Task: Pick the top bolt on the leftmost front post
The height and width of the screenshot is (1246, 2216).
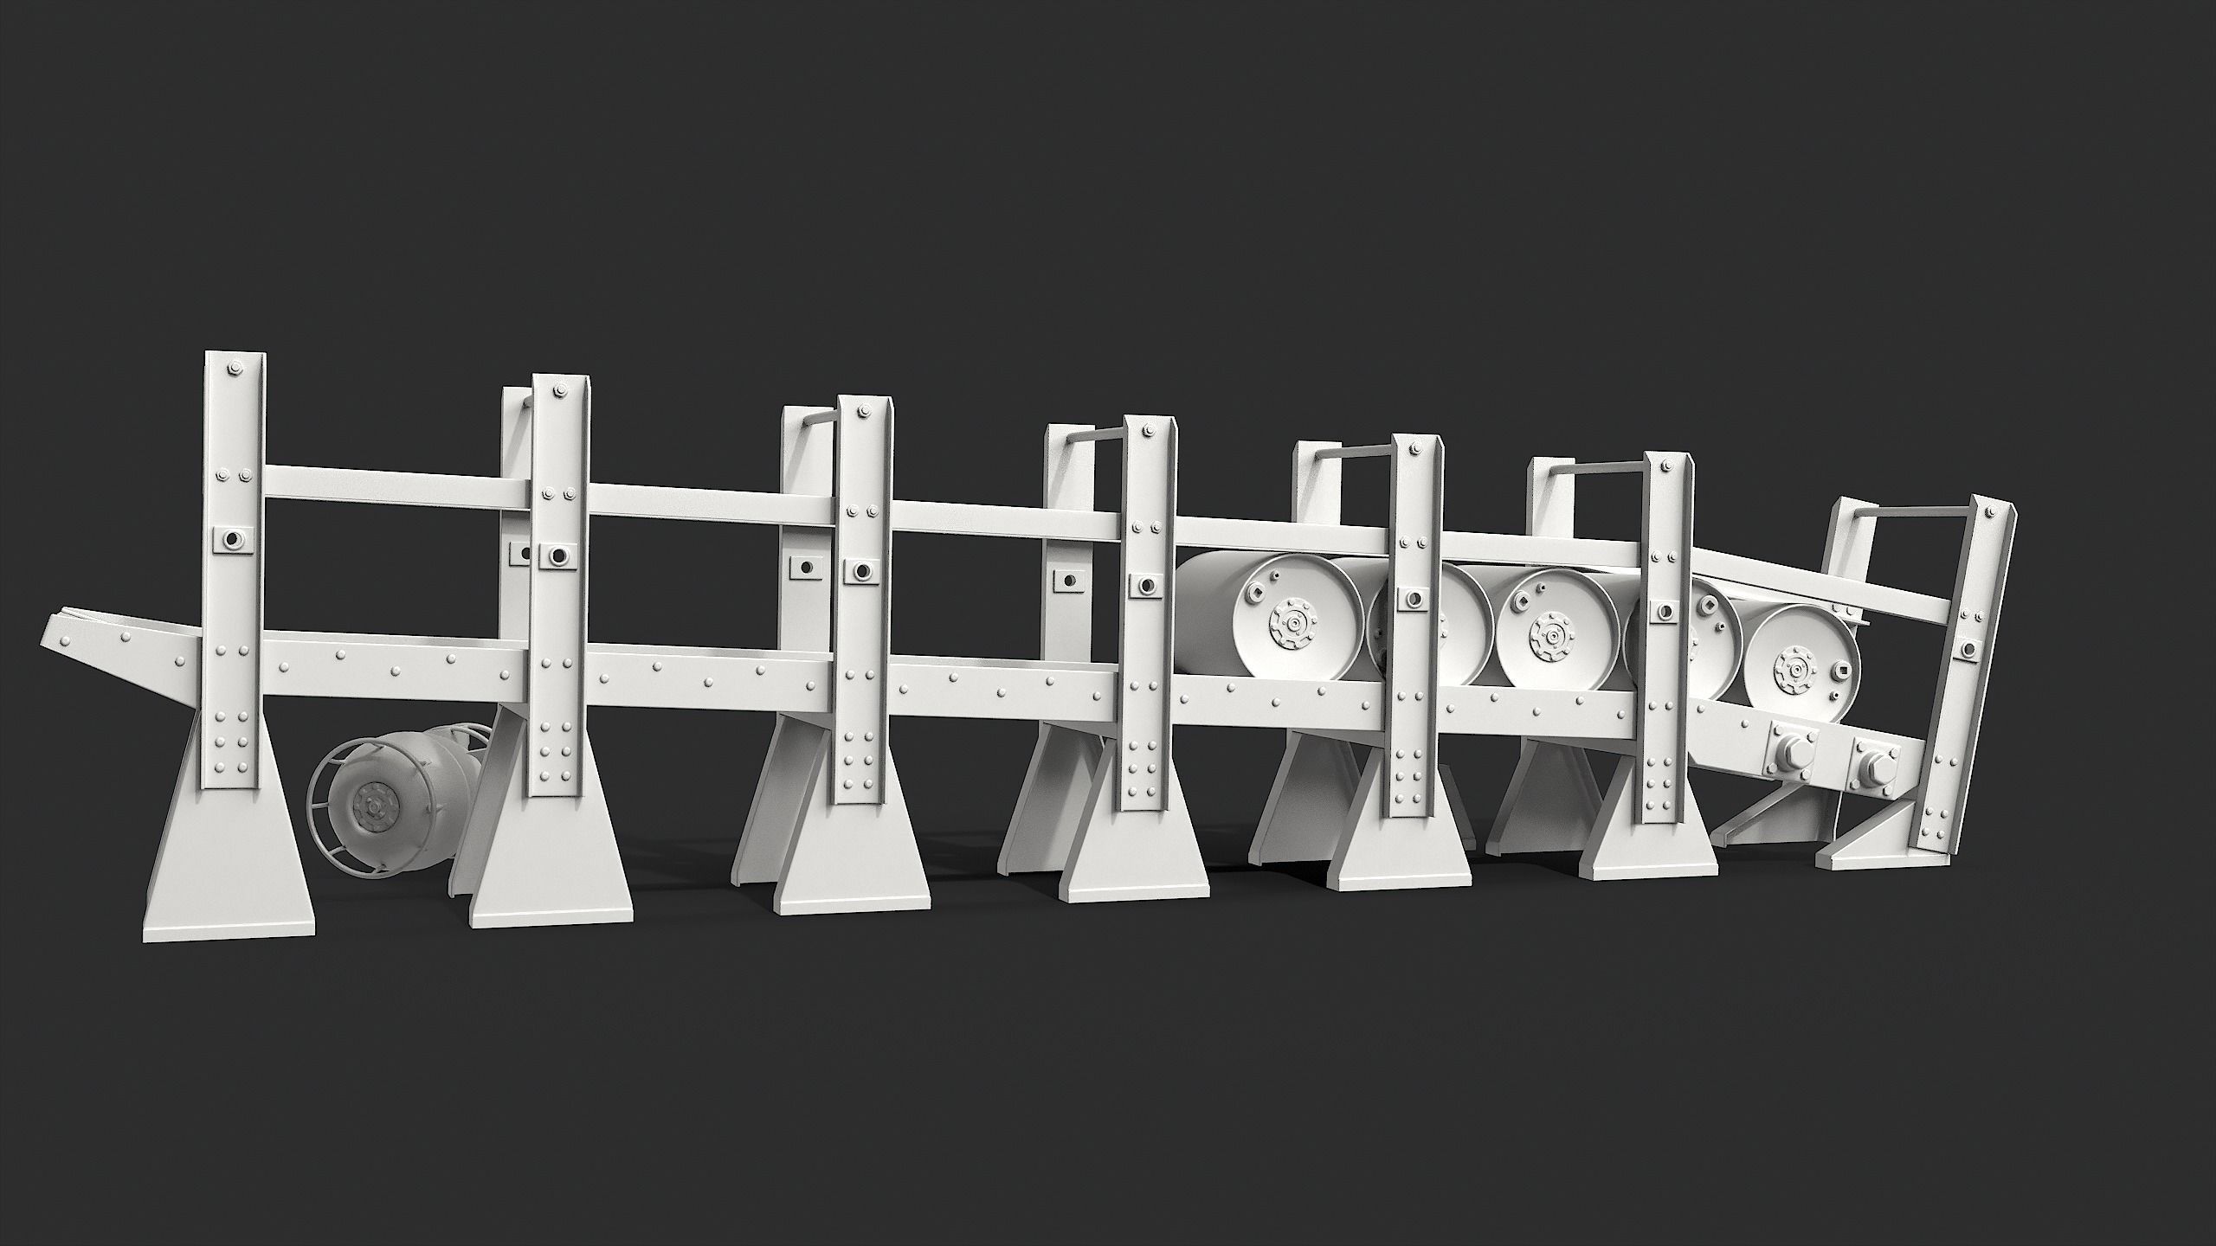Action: point(235,371)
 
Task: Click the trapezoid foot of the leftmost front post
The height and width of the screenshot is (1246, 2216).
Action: point(230,874)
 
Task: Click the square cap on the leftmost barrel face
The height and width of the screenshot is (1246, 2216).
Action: point(1253,594)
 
